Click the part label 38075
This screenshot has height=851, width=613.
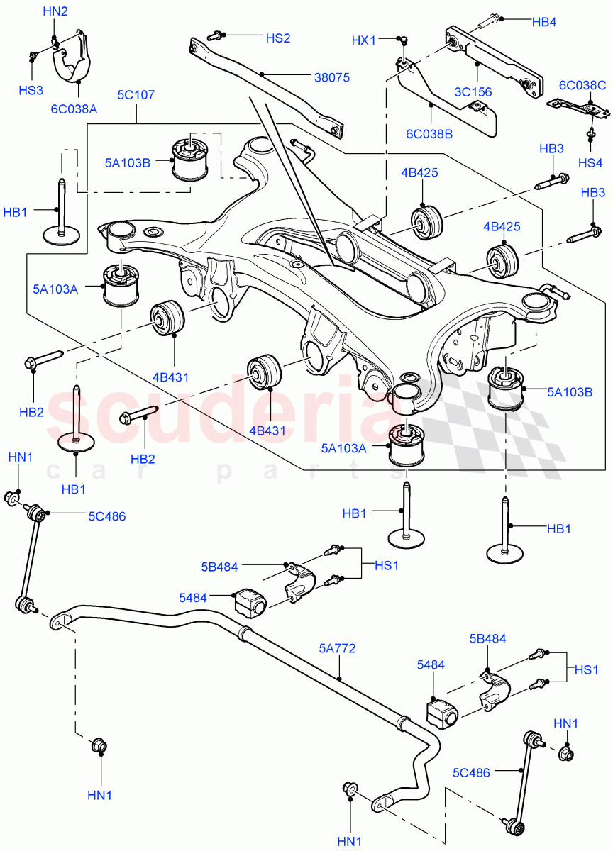click(332, 78)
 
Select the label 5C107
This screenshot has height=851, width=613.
click(136, 94)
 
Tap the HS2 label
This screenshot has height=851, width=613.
click(278, 38)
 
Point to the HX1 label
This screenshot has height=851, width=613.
click(363, 41)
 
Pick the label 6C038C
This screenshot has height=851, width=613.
click(582, 86)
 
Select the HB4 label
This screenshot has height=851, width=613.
click(544, 22)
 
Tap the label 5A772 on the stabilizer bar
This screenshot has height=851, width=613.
click(337, 647)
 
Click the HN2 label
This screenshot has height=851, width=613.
click(55, 11)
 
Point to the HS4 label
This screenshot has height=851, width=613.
click(590, 162)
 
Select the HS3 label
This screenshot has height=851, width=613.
click(31, 90)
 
